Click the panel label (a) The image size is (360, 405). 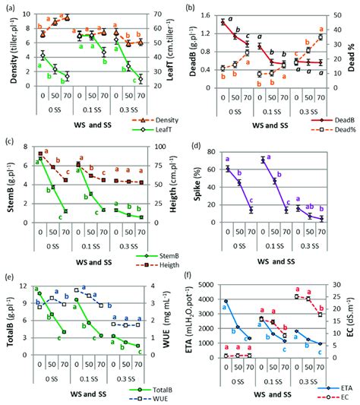9,7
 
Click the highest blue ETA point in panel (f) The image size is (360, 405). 226,301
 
